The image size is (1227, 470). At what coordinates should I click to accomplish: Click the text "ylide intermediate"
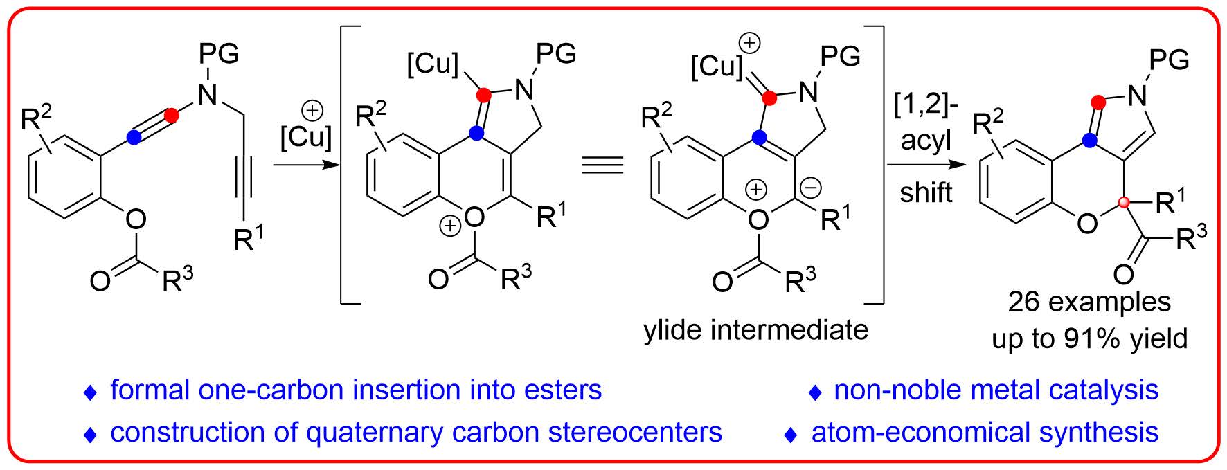point(755,330)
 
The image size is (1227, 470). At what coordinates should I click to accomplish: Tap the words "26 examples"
point(1089,302)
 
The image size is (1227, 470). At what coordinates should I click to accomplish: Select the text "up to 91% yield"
point(1089,338)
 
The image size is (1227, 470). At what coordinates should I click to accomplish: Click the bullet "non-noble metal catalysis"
point(996,390)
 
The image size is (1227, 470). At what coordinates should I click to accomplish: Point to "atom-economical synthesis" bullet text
point(985,433)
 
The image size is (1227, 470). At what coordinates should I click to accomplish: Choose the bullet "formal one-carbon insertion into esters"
point(356,390)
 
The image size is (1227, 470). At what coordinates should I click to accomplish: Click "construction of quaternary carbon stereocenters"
point(415,433)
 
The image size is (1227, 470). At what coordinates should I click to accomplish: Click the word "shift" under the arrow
point(926,192)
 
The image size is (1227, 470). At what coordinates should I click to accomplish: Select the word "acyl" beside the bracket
point(926,142)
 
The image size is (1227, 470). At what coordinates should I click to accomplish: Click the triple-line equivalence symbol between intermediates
point(602,165)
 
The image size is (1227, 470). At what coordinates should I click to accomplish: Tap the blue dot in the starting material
point(134,139)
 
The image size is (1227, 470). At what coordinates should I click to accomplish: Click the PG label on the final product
point(1169,60)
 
